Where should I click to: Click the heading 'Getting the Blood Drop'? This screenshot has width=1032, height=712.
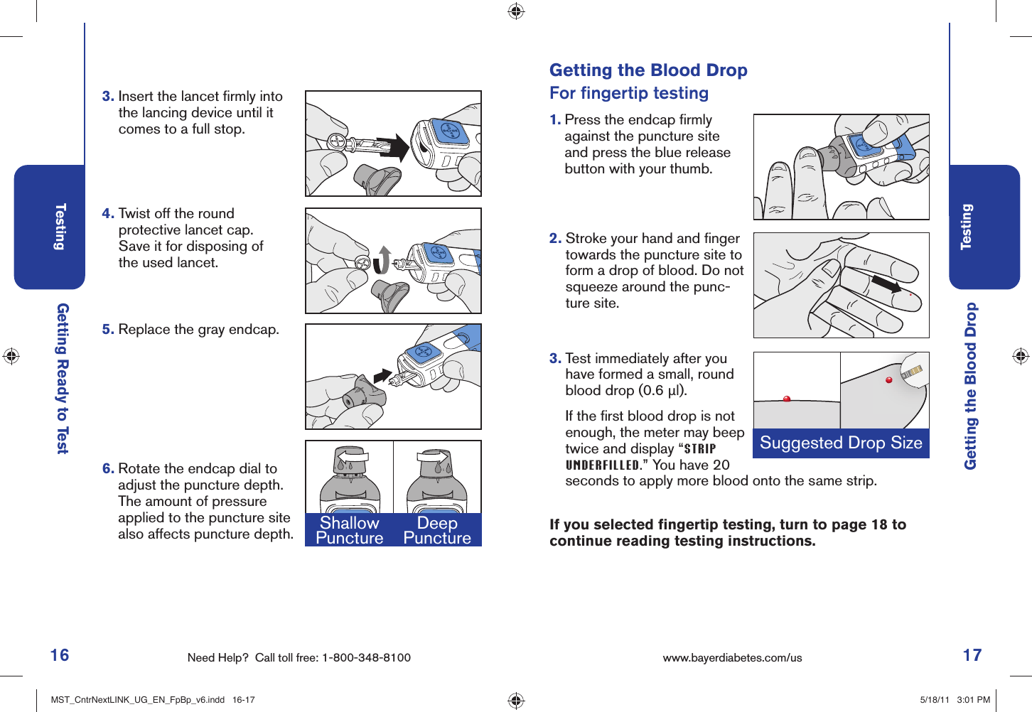coord(648,70)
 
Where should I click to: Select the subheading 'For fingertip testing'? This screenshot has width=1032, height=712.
coord(629,93)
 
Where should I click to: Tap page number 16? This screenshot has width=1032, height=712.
coord(60,655)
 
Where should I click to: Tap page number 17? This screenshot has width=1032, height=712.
coord(972,655)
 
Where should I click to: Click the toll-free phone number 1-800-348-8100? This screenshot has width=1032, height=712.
coord(366,658)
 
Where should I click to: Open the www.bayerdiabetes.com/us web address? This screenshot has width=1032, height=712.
coord(732,658)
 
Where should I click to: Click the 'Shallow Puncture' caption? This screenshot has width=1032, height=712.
coord(349,530)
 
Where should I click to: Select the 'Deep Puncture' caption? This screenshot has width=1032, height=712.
coord(437,530)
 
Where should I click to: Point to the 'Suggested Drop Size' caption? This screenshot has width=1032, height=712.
coord(841,443)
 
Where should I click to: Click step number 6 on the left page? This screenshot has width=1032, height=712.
coord(108,469)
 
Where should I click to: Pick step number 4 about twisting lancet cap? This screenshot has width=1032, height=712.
coord(108,214)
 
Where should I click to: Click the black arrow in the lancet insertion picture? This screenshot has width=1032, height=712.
coord(392,147)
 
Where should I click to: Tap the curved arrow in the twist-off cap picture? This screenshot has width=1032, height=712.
coord(383,260)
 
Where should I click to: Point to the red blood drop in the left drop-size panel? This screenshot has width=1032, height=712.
coord(787,399)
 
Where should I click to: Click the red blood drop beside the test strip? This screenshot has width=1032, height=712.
coord(888,381)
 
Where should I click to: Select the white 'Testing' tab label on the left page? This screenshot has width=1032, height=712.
coord(60,227)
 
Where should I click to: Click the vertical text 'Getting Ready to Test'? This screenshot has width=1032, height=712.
coord(63,379)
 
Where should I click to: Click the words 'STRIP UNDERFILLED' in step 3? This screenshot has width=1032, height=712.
coord(640,458)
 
